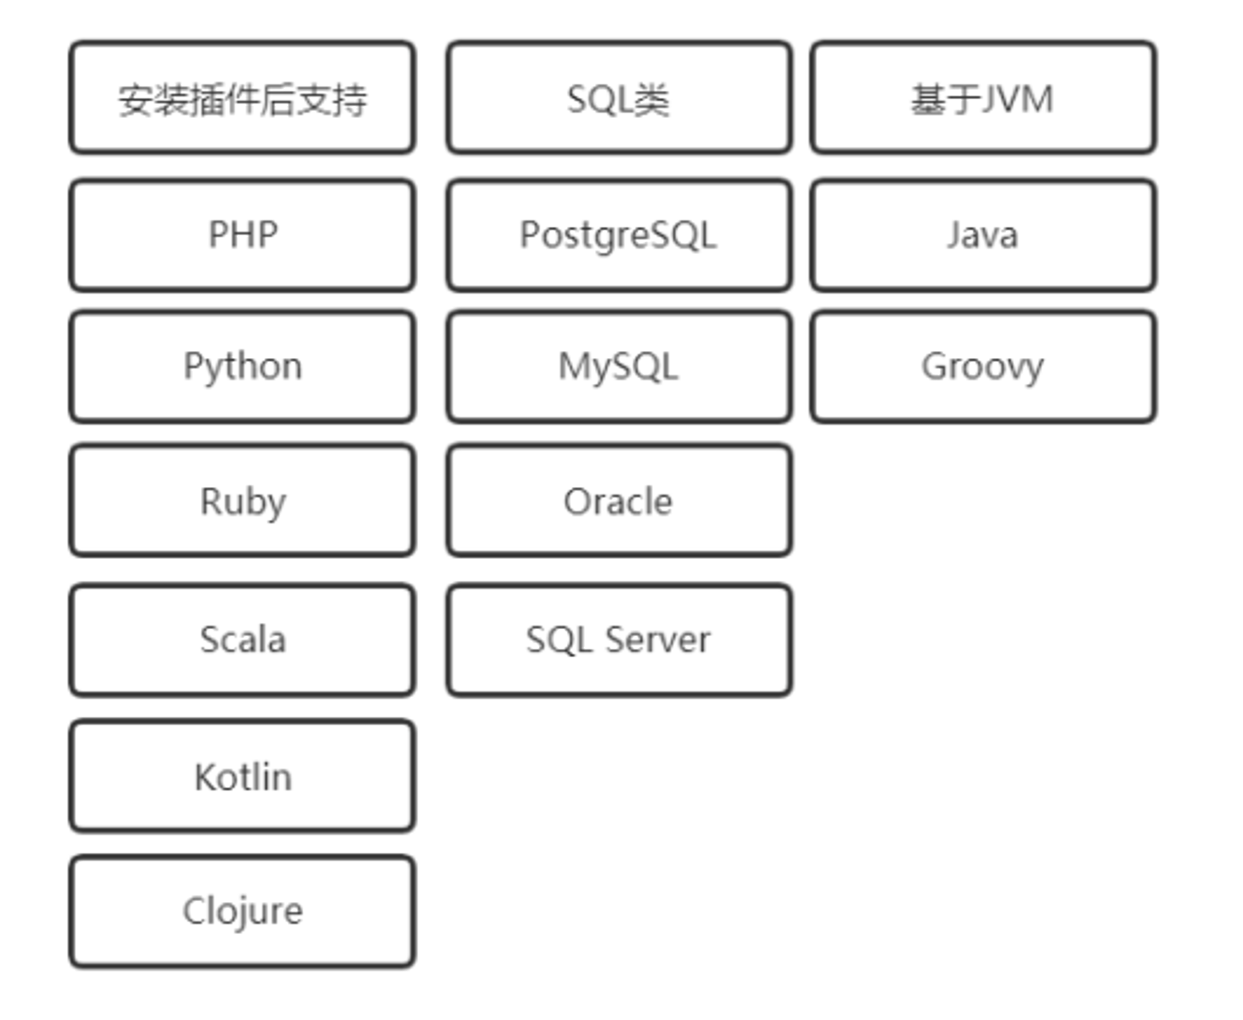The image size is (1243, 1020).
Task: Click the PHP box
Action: (x=242, y=235)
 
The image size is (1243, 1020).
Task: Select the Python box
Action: (x=242, y=367)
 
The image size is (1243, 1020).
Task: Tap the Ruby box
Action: (x=242, y=500)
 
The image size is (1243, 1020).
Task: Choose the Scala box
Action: (x=242, y=639)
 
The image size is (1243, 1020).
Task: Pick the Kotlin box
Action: (x=242, y=776)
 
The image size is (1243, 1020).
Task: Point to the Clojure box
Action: (x=242, y=911)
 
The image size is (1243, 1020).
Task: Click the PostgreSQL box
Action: (x=619, y=235)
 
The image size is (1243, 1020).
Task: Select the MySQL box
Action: (x=619, y=367)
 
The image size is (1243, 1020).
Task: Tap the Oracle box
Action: (x=619, y=500)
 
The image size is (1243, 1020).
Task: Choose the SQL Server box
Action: (x=619, y=639)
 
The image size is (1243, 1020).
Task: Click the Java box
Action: (x=983, y=235)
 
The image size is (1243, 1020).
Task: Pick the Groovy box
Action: (x=983, y=367)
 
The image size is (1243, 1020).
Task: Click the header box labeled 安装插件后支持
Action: (x=242, y=97)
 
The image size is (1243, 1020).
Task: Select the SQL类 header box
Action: (x=619, y=97)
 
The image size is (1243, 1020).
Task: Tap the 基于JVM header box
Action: (x=983, y=97)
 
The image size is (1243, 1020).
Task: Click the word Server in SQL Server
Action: (x=658, y=640)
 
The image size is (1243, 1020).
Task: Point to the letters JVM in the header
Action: (x=1018, y=99)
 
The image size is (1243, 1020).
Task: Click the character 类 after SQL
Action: (x=652, y=99)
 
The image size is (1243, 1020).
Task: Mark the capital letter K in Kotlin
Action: (x=206, y=776)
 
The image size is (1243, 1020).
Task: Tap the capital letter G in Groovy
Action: (x=935, y=366)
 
